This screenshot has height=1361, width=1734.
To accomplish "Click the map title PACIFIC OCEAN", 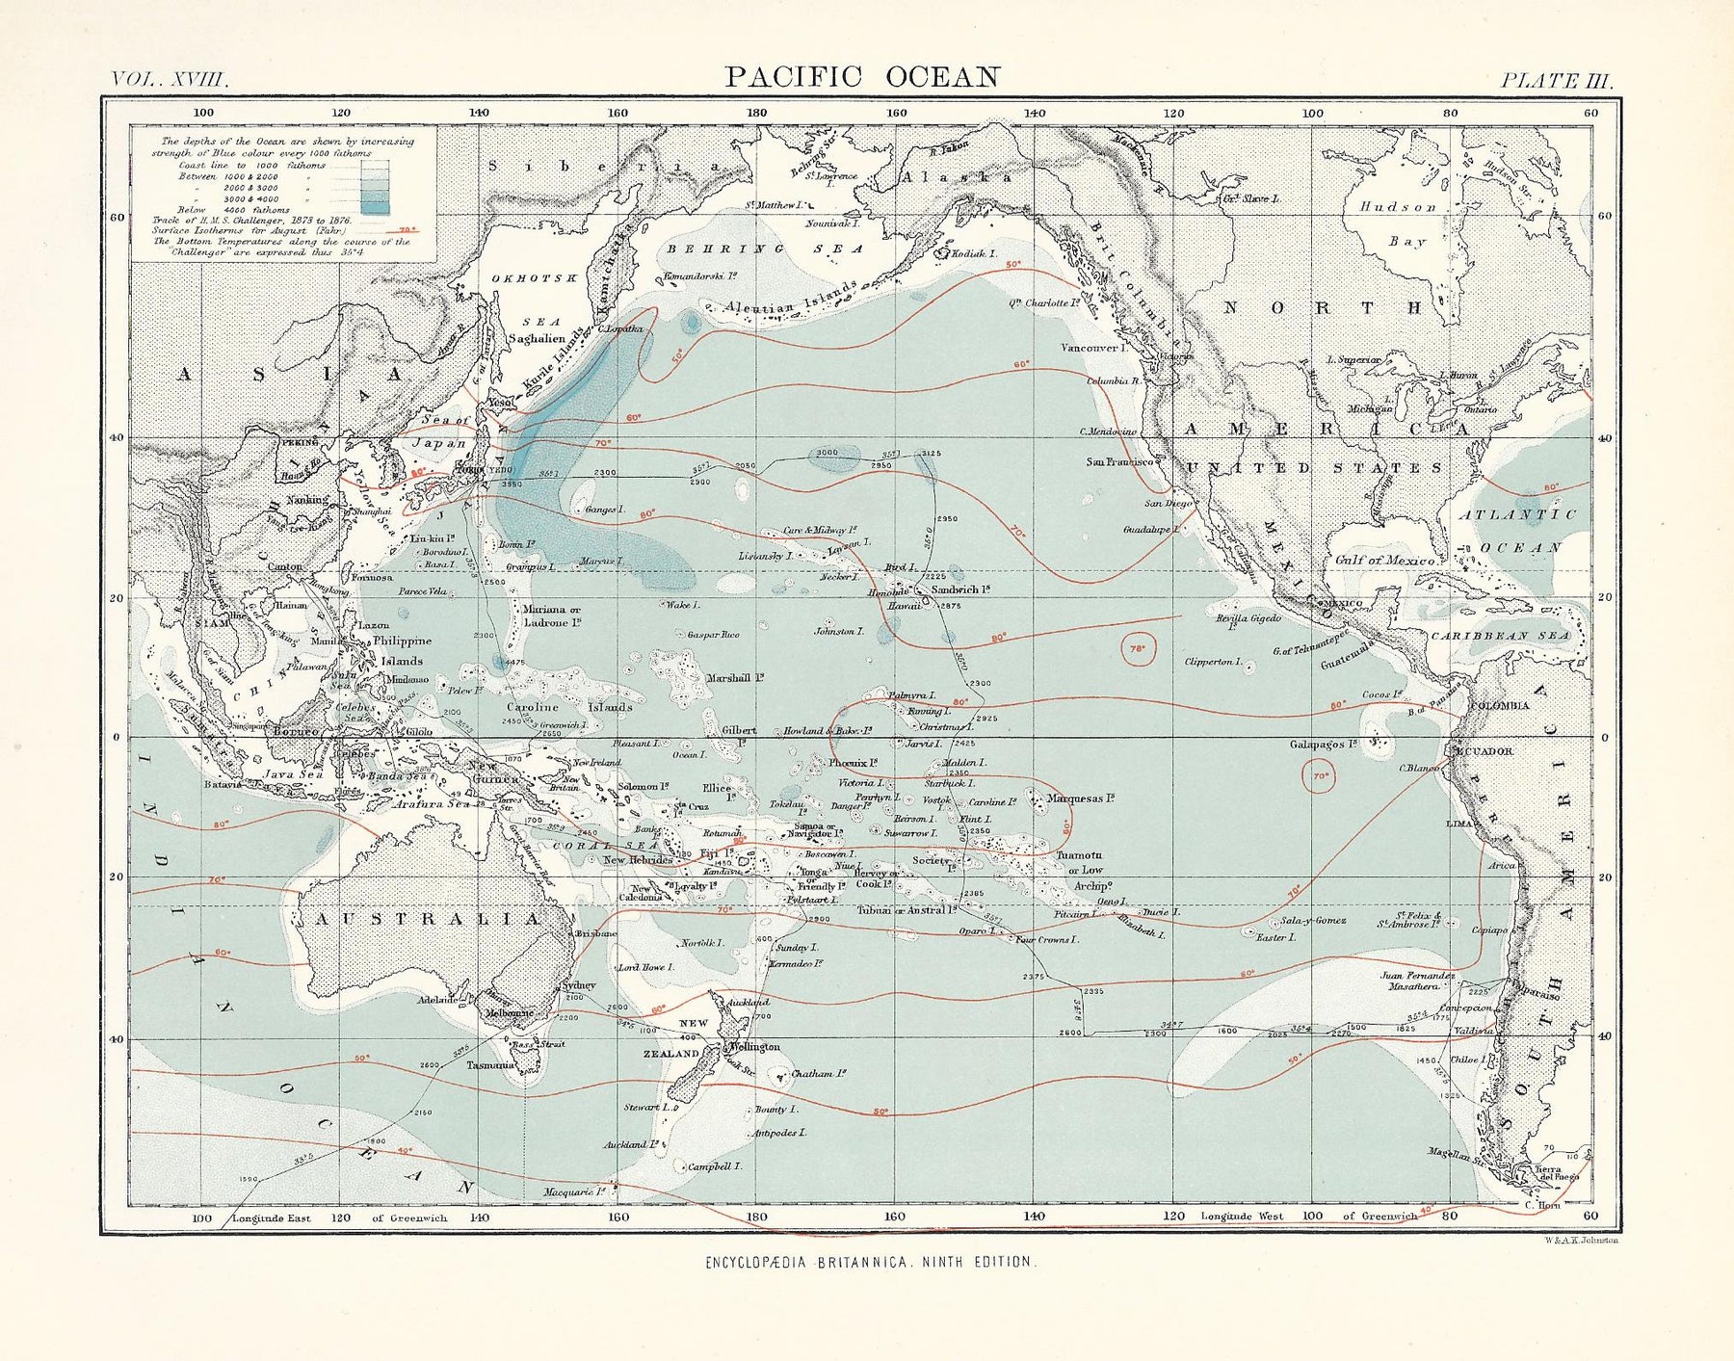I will [x=862, y=77].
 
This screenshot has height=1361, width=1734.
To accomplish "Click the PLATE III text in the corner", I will [x=1555, y=81].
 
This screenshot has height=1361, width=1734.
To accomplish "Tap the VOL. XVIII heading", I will [x=170, y=81].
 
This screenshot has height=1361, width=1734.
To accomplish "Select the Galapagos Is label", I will [x=1324, y=745].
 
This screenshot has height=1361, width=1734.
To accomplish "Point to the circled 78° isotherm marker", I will [x=1137, y=649].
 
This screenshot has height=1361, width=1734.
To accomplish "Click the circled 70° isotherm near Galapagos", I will [x=1320, y=775].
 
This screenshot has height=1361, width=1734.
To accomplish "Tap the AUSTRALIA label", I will [x=429, y=919].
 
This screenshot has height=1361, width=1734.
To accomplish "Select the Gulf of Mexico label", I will [x=1385, y=560].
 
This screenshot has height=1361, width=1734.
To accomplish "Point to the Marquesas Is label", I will [x=1080, y=798].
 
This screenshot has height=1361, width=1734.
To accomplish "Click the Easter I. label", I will [x=1276, y=936].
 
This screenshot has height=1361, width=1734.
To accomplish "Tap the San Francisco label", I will [x=1119, y=461].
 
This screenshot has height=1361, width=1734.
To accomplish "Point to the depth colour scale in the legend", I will [x=375, y=185].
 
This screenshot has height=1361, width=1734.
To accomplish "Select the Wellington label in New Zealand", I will [x=754, y=1047].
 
